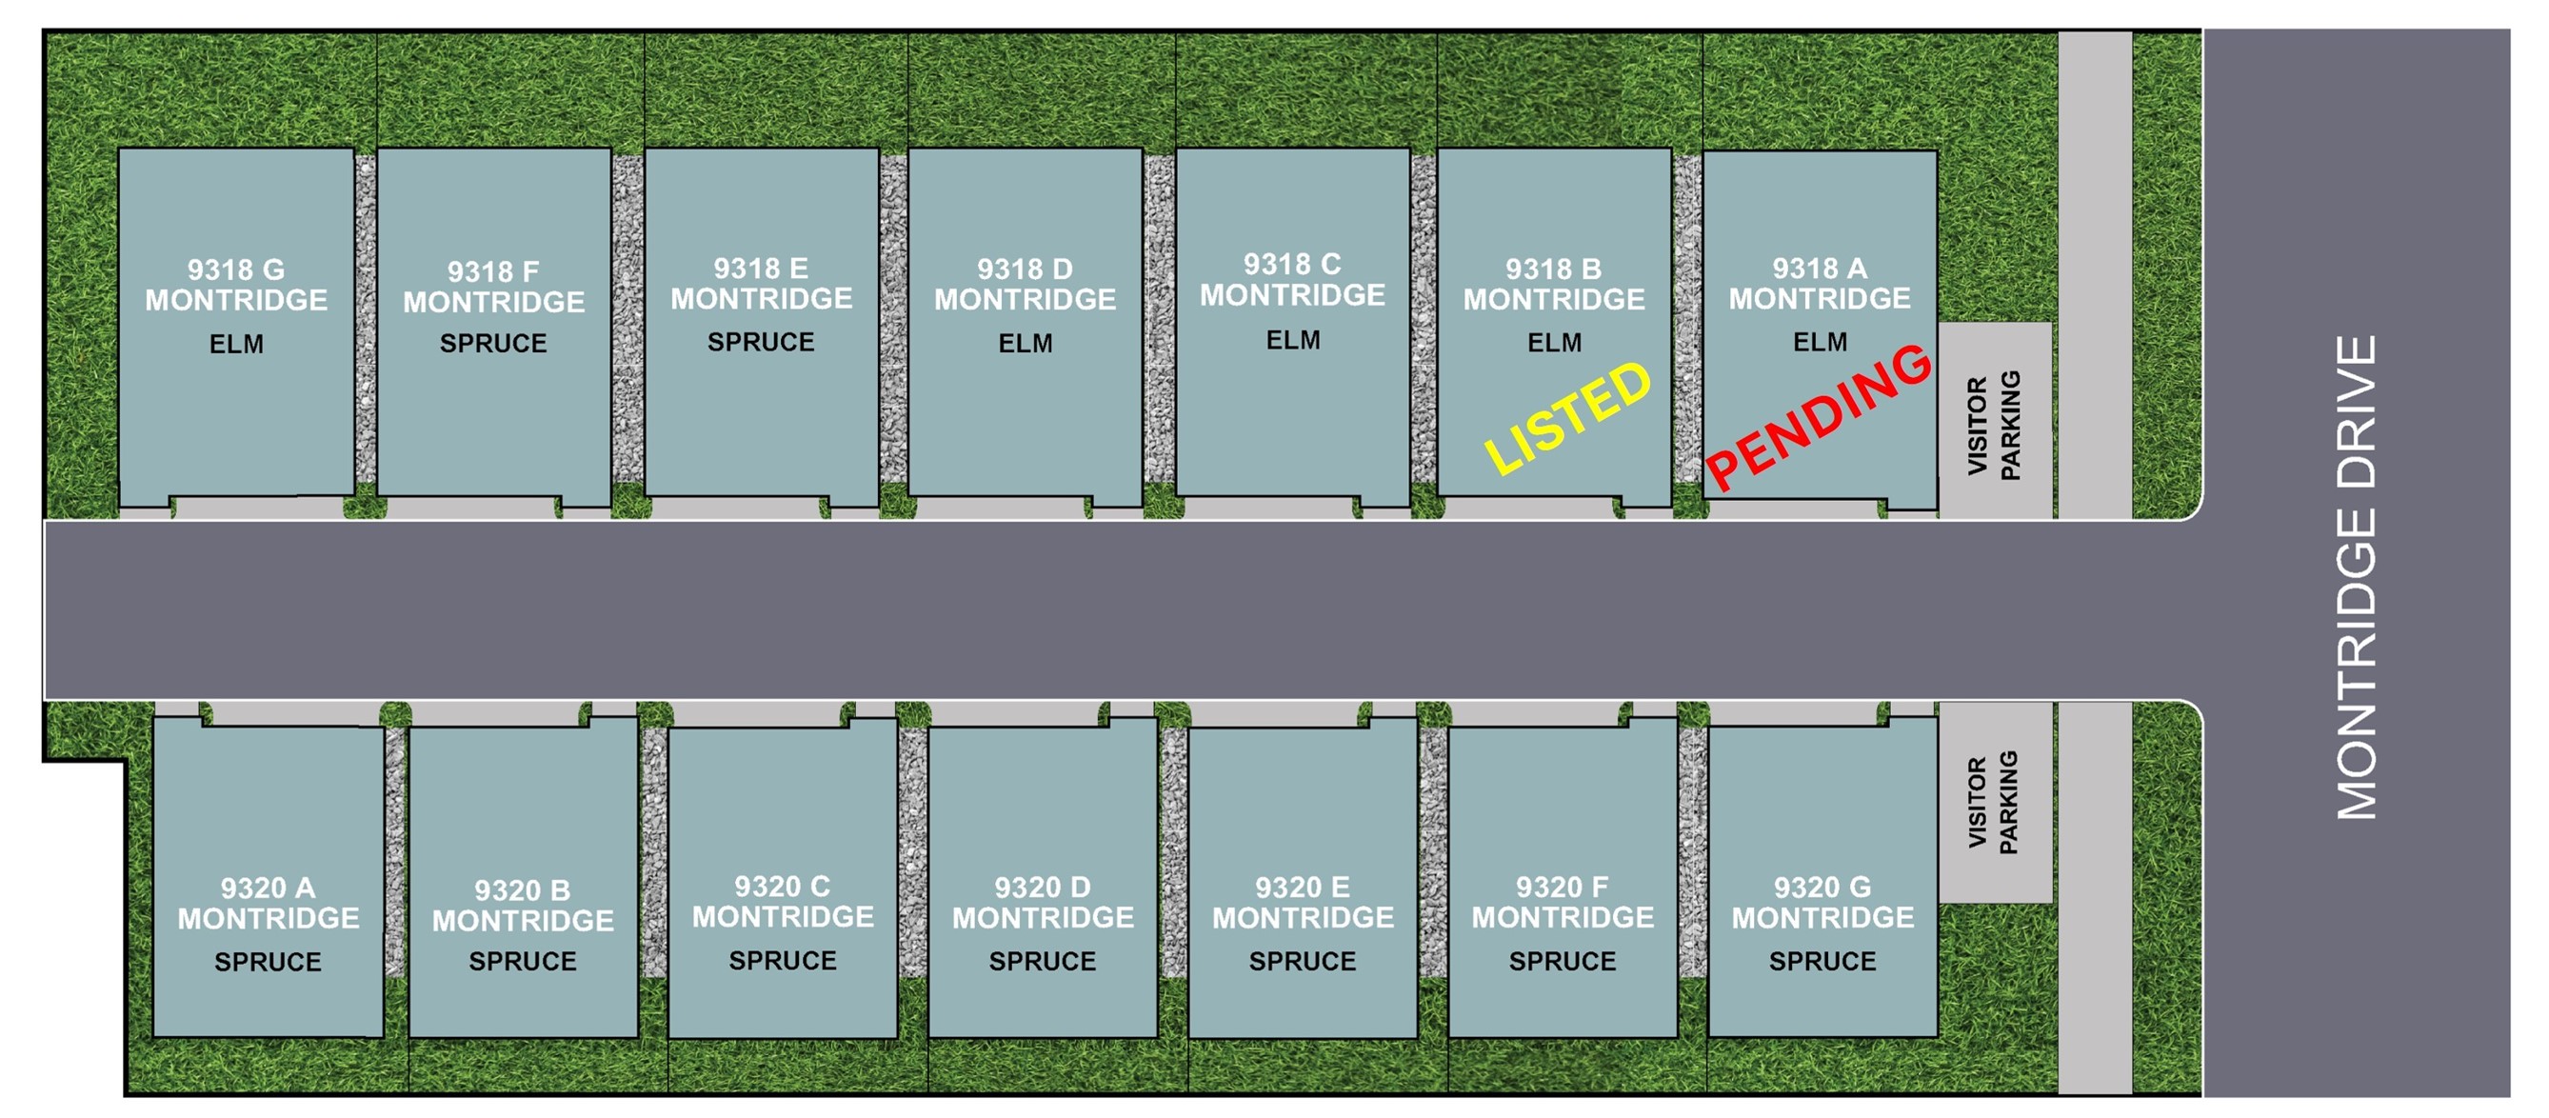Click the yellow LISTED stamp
[1569, 416]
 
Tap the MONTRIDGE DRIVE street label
[2356, 578]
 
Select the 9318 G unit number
[235, 270]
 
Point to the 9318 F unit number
[493, 271]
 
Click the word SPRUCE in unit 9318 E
[761, 342]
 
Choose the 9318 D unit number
[1026, 270]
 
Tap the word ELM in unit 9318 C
[1293, 340]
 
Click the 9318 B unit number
[1554, 270]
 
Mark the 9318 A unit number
[1820, 269]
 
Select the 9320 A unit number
[269, 888]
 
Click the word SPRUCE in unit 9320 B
[523, 962]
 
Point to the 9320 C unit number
[783, 887]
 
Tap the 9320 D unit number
[1043, 888]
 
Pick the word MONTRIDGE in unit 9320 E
[1304, 918]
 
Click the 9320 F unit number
[1563, 888]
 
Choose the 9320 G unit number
[1822, 888]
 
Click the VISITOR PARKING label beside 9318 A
[1994, 426]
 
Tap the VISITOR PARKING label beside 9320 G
[1993, 803]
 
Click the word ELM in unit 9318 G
[236, 345]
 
